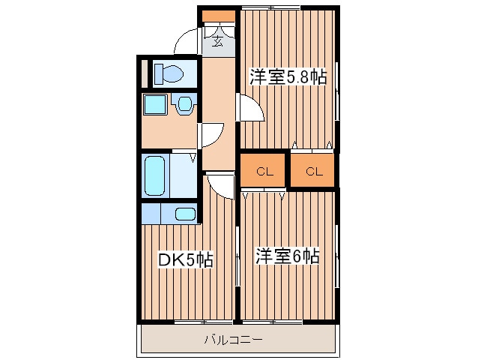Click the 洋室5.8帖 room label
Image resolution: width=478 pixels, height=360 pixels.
pyautogui.click(x=288, y=77)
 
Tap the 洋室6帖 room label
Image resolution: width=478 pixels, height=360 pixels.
pyautogui.click(x=288, y=256)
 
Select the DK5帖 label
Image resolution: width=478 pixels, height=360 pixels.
pyautogui.click(x=185, y=260)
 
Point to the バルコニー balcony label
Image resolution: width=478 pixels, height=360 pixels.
pyautogui.click(x=233, y=339)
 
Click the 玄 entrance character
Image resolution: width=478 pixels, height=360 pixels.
pyautogui.click(x=217, y=40)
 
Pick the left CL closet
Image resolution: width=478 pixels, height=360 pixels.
pyautogui.click(x=263, y=170)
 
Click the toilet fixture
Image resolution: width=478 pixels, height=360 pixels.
pyautogui.click(x=169, y=73)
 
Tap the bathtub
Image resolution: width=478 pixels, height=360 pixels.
pyautogui.click(x=155, y=175)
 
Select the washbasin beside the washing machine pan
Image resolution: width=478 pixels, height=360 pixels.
pyautogui.click(x=184, y=104)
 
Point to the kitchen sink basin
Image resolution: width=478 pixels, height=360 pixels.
pyautogui.click(x=185, y=214)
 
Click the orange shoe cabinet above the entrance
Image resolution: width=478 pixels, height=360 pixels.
pyautogui.click(x=219, y=16)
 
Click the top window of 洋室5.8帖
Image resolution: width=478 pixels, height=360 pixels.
pyautogui.click(x=270, y=7)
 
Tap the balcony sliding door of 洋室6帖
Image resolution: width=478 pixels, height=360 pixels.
pyautogui.click(x=272, y=321)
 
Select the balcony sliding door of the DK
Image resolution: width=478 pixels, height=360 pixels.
pyautogui.click(x=204, y=321)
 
